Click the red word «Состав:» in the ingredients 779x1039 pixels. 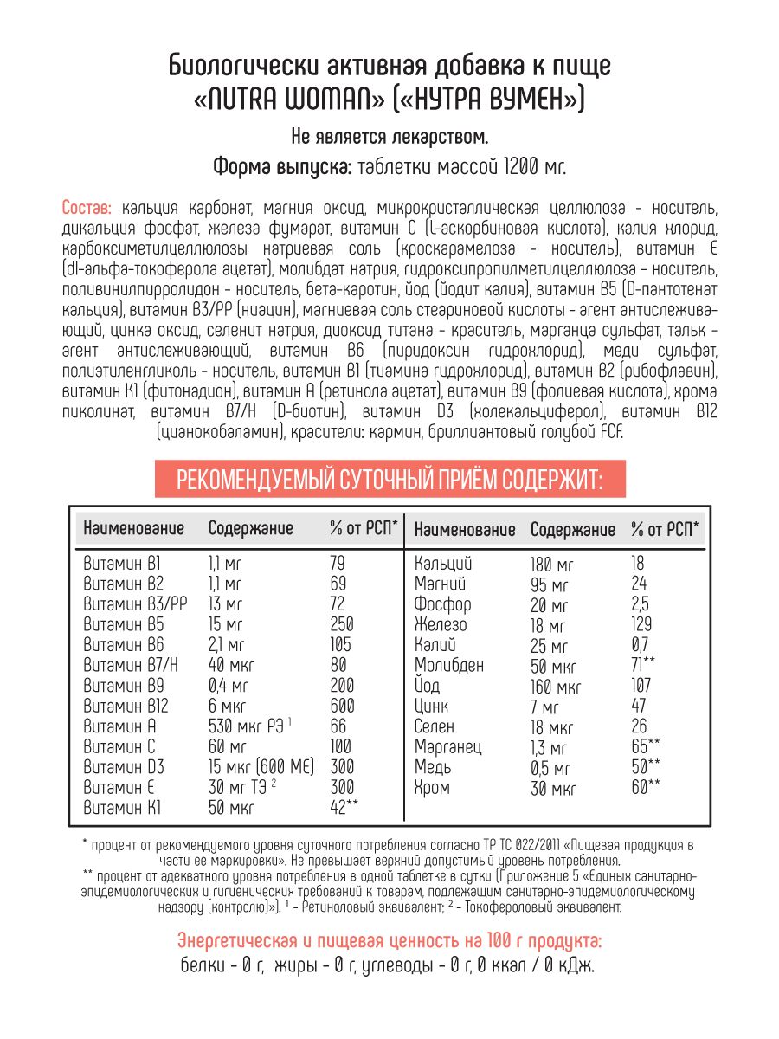tap(87, 209)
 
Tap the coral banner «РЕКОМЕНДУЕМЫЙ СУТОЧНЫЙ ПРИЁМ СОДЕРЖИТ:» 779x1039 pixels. tap(389, 479)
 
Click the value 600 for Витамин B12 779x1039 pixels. tap(342, 706)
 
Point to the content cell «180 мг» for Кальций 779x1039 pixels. tap(552, 565)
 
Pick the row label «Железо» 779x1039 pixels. tap(441, 625)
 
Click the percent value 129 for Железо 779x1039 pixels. tap(642, 625)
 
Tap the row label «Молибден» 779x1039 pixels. tap(449, 666)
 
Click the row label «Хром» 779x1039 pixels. tap(433, 788)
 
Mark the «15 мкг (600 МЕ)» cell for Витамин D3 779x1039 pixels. tap(261, 767)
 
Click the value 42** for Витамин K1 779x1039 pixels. tap(344, 807)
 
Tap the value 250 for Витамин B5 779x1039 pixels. tap(342, 625)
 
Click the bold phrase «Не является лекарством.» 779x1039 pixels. tap(389, 136)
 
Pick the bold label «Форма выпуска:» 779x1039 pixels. tap(282, 167)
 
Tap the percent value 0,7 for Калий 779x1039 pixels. tap(641, 645)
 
